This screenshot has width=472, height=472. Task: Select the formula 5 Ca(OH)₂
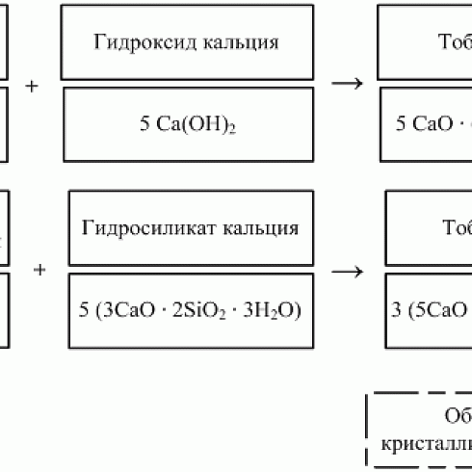point(187,124)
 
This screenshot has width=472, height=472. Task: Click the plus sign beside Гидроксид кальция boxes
point(32,85)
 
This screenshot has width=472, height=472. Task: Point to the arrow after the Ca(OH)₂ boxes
point(347,83)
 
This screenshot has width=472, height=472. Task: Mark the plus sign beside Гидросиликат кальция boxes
point(39,270)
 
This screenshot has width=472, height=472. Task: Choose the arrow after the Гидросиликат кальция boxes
point(354,270)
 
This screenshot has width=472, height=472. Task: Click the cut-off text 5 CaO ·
point(432,124)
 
